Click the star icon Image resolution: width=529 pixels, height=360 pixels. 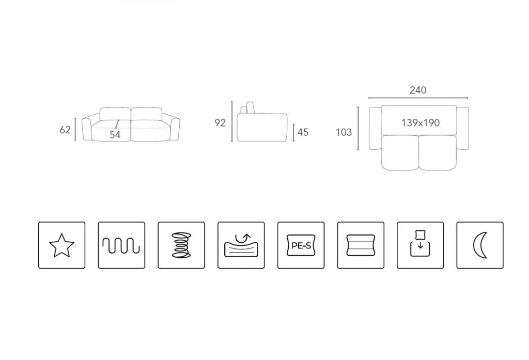[x=62, y=245]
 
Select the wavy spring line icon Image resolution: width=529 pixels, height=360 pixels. [x=121, y=245]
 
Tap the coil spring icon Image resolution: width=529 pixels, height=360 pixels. [x=181, y=245]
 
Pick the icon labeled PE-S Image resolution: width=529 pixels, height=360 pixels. [x=301, y=245]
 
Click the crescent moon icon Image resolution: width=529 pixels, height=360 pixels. [x=480, y=245]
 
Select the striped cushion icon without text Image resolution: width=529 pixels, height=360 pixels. [x=361, y=245]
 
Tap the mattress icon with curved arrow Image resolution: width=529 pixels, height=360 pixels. [x=241, y=245]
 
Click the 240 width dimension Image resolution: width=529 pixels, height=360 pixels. [x=418, y=90]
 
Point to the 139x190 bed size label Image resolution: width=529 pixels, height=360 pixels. [x=421, y=122]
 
